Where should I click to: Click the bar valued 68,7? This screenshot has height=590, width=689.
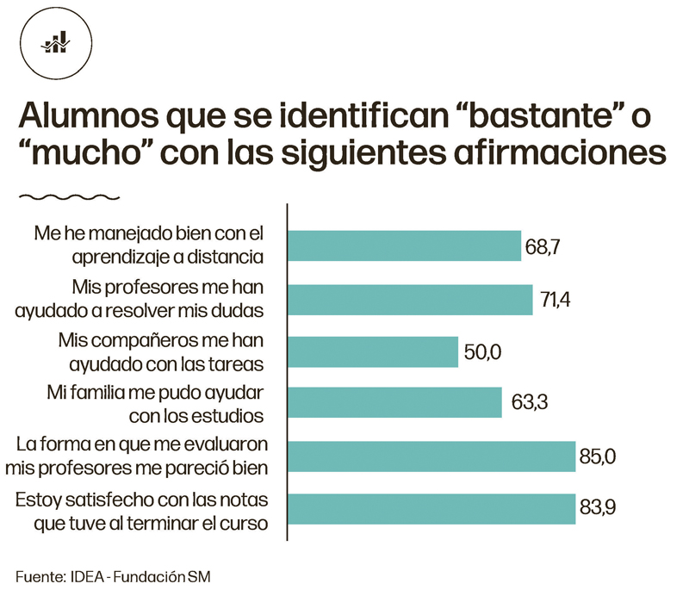pyautogui.click(x=404, y=245)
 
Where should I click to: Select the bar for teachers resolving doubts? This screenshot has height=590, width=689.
pyautogui.click(x=409, y=298)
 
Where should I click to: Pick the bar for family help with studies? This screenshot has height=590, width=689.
pyautogui.click(x=394, y=402)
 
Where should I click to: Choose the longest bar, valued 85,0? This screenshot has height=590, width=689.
pyautogui.click(x=431, y=456)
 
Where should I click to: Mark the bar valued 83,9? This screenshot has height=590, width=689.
pyautogui.click(x=431, y=508)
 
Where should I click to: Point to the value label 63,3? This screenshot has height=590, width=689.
pyautogui.click(x=524, y=402)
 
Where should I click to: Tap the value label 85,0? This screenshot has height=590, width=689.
pyautogui.click(x=598, y=456)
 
